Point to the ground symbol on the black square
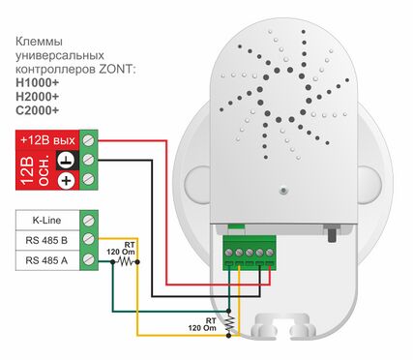point(66,160)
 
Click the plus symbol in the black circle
point(66,180)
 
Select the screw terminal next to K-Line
point(90,220)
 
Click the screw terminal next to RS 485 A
point(90,259)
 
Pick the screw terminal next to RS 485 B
point(90,239)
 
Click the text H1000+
point(38,84)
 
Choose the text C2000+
point(38,111)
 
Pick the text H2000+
point(38,98)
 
